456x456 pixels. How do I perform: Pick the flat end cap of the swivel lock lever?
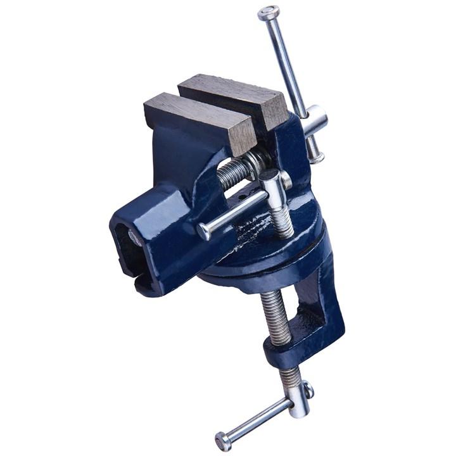tap(203, 232)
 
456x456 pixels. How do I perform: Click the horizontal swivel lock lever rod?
tap(234, 212)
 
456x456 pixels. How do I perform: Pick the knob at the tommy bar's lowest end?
tap(223, 440)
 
